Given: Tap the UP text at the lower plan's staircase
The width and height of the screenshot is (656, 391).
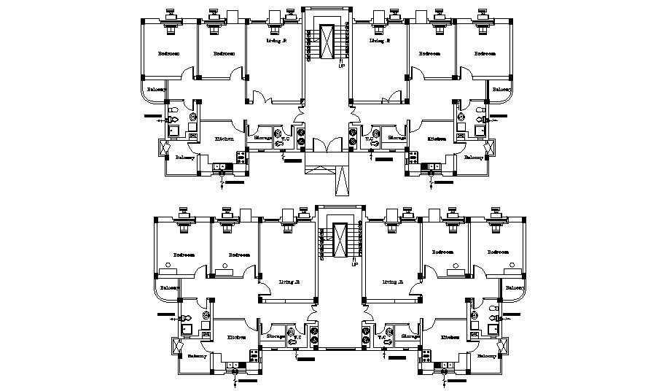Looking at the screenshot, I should tap(354, 264).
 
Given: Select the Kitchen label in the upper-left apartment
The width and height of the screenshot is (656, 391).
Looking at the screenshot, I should tap(224, 139).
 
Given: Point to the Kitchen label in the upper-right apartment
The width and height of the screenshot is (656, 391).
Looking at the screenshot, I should tap(437, 139).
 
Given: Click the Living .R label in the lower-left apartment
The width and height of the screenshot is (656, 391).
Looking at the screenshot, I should tap(289, 282).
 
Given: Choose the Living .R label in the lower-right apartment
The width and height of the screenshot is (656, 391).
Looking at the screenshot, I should tap(393, 282).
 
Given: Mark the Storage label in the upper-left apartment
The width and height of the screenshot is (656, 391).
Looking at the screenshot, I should tap(262, 137).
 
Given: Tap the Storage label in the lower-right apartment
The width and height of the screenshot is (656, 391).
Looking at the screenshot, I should tap(410, 336).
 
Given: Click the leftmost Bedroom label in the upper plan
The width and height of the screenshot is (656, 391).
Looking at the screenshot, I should tap(169, 54).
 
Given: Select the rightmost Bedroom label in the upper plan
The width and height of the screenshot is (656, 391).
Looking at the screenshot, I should tap(485, 54).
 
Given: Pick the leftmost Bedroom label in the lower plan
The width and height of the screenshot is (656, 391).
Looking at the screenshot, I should tap(184, 255).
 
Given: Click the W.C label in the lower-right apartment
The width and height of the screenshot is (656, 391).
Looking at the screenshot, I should tap(381, 337).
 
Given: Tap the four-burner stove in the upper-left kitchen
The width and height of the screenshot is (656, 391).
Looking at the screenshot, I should tap(241, 155).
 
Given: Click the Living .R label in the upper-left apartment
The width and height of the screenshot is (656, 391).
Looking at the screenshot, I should tap(276, 42).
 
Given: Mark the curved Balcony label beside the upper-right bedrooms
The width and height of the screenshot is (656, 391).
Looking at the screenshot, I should tap(501, 90).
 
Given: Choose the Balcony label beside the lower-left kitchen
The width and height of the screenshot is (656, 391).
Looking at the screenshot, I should tap(197, 356).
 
